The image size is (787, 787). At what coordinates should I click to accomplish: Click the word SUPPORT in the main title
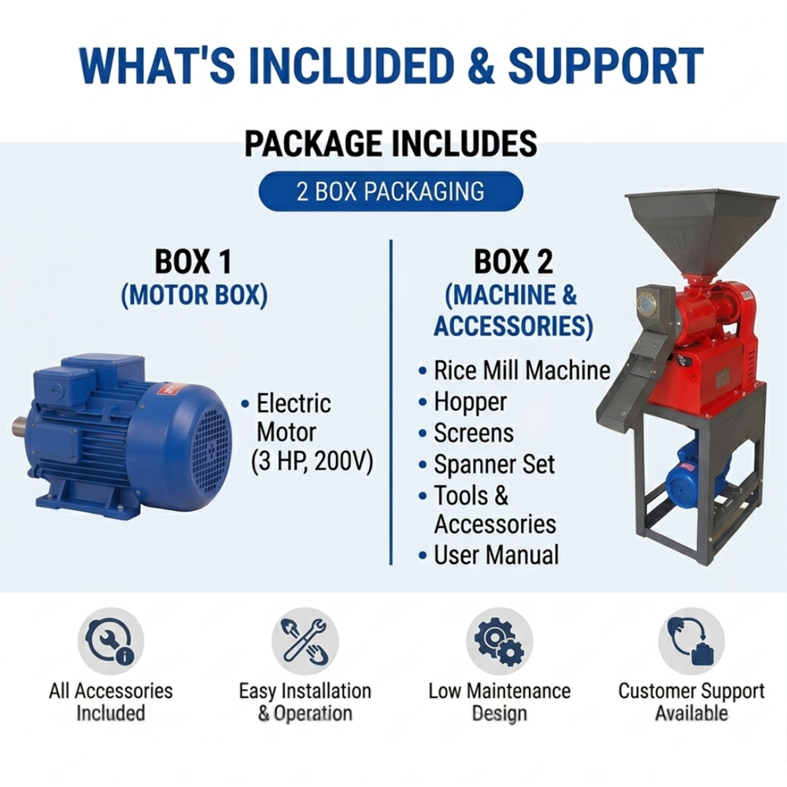605,66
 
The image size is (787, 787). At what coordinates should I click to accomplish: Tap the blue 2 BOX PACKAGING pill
390,191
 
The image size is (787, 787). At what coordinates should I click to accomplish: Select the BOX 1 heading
194,261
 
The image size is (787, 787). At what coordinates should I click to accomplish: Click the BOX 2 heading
513,261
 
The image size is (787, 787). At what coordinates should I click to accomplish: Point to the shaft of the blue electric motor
21,425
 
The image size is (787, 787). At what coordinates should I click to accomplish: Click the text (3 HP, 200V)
312,462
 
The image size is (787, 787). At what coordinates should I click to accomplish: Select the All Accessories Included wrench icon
110,641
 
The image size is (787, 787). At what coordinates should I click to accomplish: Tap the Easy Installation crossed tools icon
305,641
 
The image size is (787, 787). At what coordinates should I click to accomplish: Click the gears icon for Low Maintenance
499,641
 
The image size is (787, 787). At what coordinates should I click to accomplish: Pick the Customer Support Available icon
691,641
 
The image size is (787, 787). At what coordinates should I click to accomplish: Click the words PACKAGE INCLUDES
390,143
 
